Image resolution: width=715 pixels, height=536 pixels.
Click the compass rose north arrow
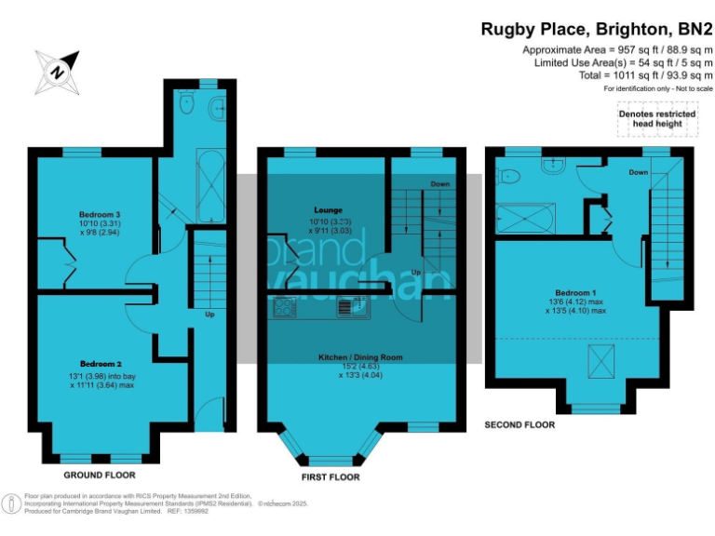(x=59, y=71)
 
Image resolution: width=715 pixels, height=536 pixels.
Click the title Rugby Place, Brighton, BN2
(x=597, y=29)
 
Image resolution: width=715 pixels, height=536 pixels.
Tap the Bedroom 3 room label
(x=100, y=214)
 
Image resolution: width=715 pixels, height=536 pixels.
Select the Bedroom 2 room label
(x=101, y=363)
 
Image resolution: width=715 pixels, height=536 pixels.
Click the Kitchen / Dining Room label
(x=358, y=356)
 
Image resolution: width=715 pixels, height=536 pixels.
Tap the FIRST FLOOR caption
(x=330, y=476)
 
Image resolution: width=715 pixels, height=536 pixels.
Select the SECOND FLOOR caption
(x=519, y=424)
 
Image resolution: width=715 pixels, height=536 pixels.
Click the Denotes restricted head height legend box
(x=657, y=118)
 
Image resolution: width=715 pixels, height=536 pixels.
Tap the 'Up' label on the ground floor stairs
(x=210, y=314)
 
